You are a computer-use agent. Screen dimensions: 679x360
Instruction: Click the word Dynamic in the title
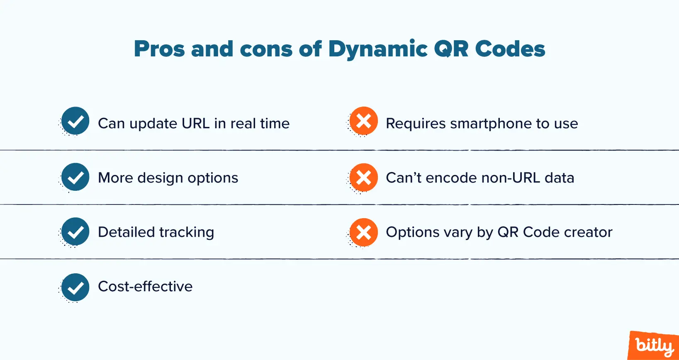[378, 49]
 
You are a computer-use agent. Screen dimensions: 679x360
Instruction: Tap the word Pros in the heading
[159, 49]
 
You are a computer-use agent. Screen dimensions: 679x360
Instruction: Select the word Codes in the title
[510, 49]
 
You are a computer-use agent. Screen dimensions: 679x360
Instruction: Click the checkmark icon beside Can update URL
[75, 121]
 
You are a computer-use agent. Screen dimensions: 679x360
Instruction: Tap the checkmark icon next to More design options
[75, 177]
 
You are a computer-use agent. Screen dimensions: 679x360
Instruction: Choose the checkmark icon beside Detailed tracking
[75, 231]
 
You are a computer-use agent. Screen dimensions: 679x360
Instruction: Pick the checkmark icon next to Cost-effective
[75, 287]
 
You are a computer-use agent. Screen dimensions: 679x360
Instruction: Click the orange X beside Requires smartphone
[363, 121]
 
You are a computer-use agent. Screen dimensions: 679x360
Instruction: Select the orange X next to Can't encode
[363, 177]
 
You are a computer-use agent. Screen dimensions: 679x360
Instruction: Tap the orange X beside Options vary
[363, 232]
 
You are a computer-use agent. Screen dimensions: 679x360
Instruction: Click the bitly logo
[654, 345]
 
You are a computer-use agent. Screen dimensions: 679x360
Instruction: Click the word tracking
[187, 232]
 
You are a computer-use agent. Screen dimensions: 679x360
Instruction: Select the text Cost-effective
[145, 286]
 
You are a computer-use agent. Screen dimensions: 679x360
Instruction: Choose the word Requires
[416, 124]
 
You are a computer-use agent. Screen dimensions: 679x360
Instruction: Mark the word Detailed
[127, 232]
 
